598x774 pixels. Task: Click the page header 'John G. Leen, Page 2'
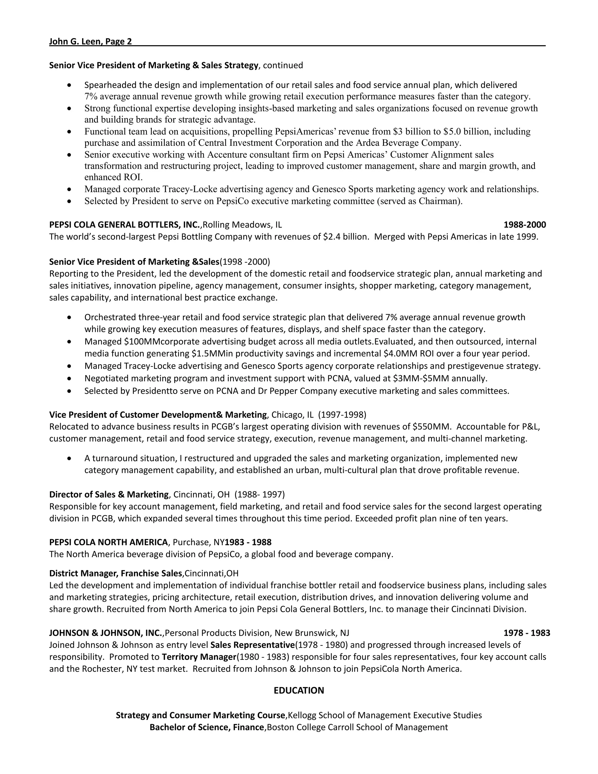(90, 42)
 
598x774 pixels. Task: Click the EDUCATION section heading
(299, 690)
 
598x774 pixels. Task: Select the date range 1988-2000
(524, 225)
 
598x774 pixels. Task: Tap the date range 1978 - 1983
(526, 633)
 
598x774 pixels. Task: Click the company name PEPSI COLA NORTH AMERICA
(108, 542)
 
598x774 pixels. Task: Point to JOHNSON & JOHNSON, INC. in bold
(106, 633)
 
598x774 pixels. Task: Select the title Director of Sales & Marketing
(109, 494)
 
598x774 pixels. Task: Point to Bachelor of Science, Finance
(207, 727)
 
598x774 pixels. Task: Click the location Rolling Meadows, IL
(242, 225)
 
